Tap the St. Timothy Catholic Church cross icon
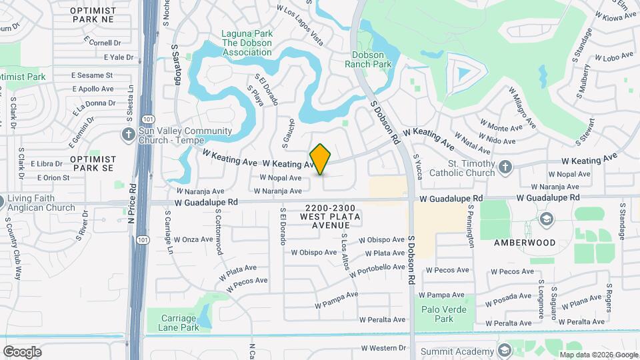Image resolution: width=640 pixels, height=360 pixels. pyautogui.click(x=505, y=167)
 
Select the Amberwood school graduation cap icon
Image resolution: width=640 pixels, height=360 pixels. pyautogui.click(x=547, y=219)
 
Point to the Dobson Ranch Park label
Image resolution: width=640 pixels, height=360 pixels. pyautogui.click(x=367, y=59)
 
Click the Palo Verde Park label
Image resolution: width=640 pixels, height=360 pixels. pyautogui.click(x=434, y=313)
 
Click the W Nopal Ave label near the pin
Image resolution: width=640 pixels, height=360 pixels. pyautogui.click(x=281, y=178)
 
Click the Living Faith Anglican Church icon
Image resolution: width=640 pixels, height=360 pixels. pyautogui.click(x=2, y=201)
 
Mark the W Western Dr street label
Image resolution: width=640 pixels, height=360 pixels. pyautogui.click(x=383, y=348)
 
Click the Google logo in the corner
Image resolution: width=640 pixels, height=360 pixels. pyautogui.click(x=22, y=352)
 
